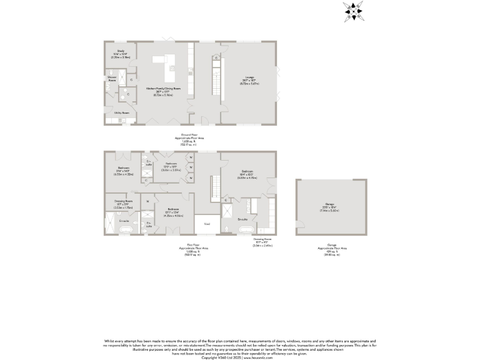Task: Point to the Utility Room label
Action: pos(121,113)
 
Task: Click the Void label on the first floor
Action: pos(207,224)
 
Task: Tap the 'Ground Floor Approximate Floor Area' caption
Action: pos(189,139)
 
